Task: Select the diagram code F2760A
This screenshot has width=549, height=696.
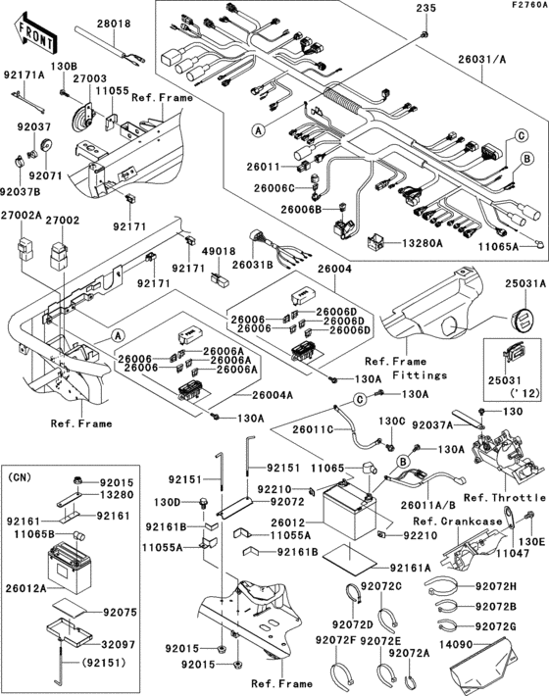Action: point(525,6)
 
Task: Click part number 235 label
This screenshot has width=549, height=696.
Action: point(424,10)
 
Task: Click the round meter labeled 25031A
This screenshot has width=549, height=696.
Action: point(522,320)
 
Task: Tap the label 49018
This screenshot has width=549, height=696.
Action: point(221,251)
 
